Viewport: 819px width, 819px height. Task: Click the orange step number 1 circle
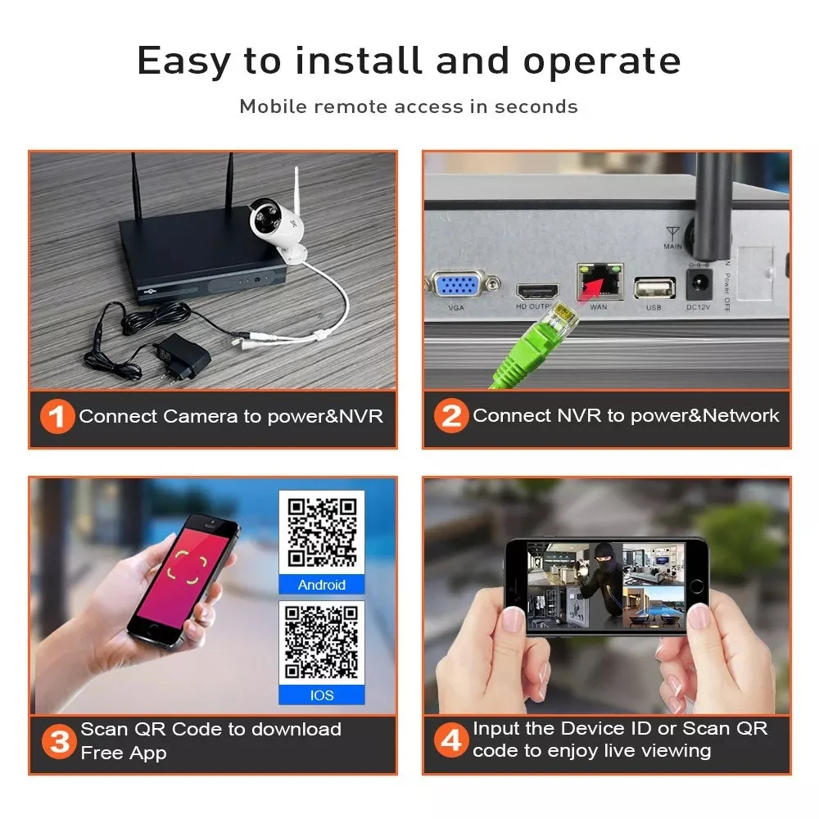click(57, 417)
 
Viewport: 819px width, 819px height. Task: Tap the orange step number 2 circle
click(451, 417)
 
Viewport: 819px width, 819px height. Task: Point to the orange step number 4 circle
click(451, 742)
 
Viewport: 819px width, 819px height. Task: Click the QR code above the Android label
click(322, 533)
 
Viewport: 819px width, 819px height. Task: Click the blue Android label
click(322, 585)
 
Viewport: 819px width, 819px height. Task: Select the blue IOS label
click(322, 695)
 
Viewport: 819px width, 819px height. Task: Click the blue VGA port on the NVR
click(458, 286)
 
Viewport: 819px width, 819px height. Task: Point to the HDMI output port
click(537, 290)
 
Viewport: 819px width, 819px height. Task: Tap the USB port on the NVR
click(654, 287)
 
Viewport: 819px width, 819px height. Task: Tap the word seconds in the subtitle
click(536, 106)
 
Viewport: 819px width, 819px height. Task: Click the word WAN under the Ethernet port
click(599, 308)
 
